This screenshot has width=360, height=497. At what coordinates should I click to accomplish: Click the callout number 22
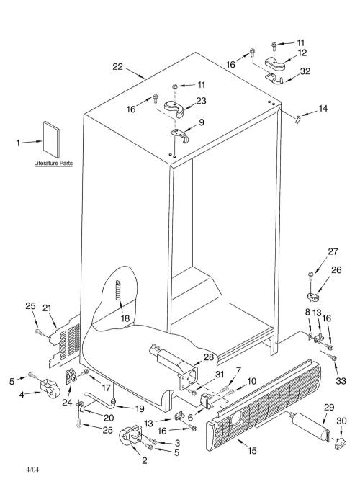117,67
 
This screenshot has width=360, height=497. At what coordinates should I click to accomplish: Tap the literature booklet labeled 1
51,140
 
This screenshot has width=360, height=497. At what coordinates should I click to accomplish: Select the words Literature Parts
53,164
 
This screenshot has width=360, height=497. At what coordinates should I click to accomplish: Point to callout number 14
323,109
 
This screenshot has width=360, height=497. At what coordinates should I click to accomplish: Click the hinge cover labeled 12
275,63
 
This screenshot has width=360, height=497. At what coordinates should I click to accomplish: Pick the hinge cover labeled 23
174,108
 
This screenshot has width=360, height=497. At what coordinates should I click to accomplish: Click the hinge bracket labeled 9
180,135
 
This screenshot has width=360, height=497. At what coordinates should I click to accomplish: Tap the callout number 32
305,71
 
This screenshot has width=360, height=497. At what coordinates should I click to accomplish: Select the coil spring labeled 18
118,290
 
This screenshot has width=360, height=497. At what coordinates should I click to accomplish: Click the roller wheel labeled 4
50,388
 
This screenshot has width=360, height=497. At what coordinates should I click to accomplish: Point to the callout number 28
209,357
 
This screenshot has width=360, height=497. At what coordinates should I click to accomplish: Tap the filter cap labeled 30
341,443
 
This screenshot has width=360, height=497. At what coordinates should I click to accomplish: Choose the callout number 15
252,450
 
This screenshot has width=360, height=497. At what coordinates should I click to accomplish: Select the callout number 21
47,308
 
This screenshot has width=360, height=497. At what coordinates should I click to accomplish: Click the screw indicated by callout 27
311,278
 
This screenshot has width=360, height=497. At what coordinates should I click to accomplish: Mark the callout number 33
341,380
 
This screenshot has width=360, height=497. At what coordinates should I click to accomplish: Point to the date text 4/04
32,470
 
